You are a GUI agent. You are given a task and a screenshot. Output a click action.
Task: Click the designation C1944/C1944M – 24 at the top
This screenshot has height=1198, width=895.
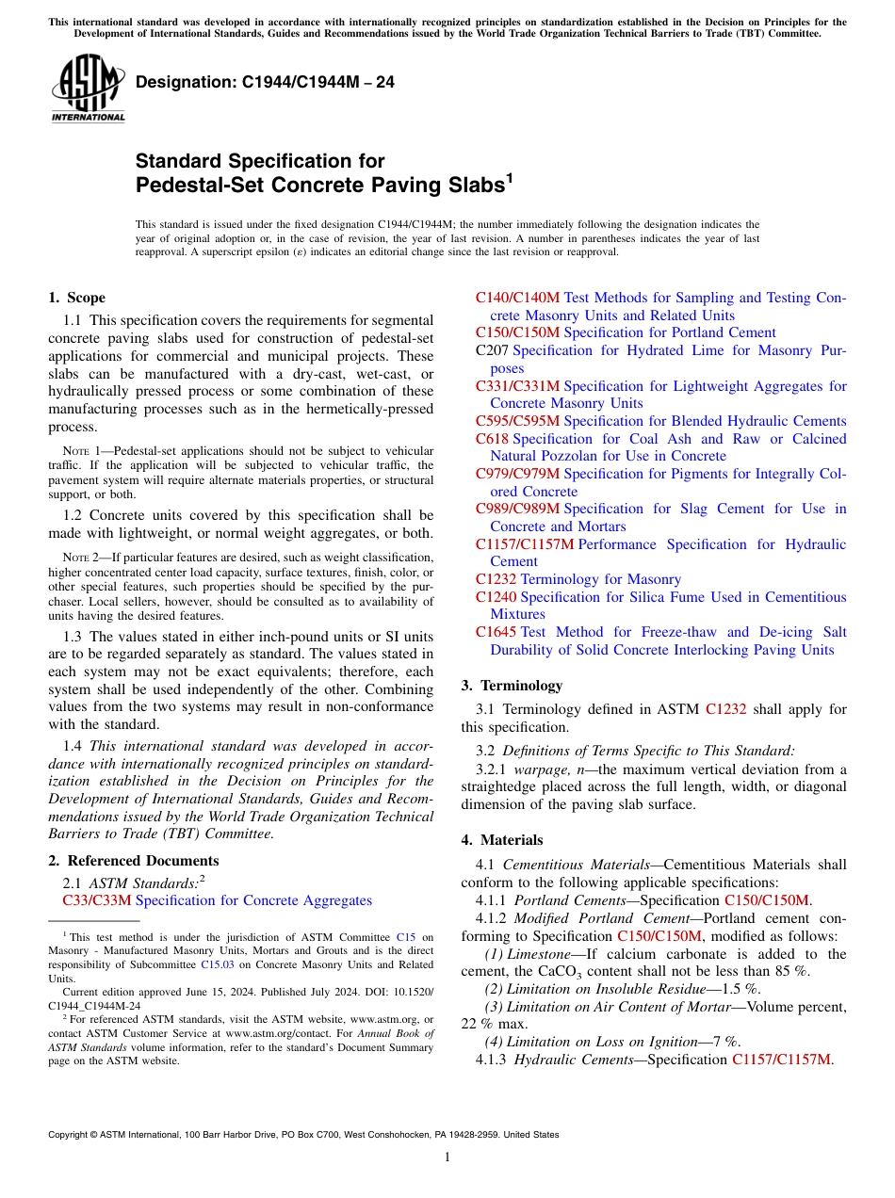265,83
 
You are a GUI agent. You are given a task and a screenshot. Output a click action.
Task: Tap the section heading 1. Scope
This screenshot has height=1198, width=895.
76,298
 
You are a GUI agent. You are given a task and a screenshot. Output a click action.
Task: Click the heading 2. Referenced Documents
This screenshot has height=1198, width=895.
134,861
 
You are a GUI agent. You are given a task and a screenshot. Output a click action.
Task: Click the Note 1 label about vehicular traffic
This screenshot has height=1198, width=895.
81,451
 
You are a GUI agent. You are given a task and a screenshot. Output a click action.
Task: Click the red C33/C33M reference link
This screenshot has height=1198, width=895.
97,901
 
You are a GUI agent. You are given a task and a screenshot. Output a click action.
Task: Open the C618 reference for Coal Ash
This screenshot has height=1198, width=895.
492,439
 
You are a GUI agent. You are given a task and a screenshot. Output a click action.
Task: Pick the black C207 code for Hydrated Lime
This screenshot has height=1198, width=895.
492,350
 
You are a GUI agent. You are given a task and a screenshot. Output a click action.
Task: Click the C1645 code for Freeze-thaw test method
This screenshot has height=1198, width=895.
496,632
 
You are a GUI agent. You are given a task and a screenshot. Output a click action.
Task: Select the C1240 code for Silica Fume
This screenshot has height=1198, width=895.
496,597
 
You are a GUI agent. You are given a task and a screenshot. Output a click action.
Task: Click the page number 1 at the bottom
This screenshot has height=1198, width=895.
447,1157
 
